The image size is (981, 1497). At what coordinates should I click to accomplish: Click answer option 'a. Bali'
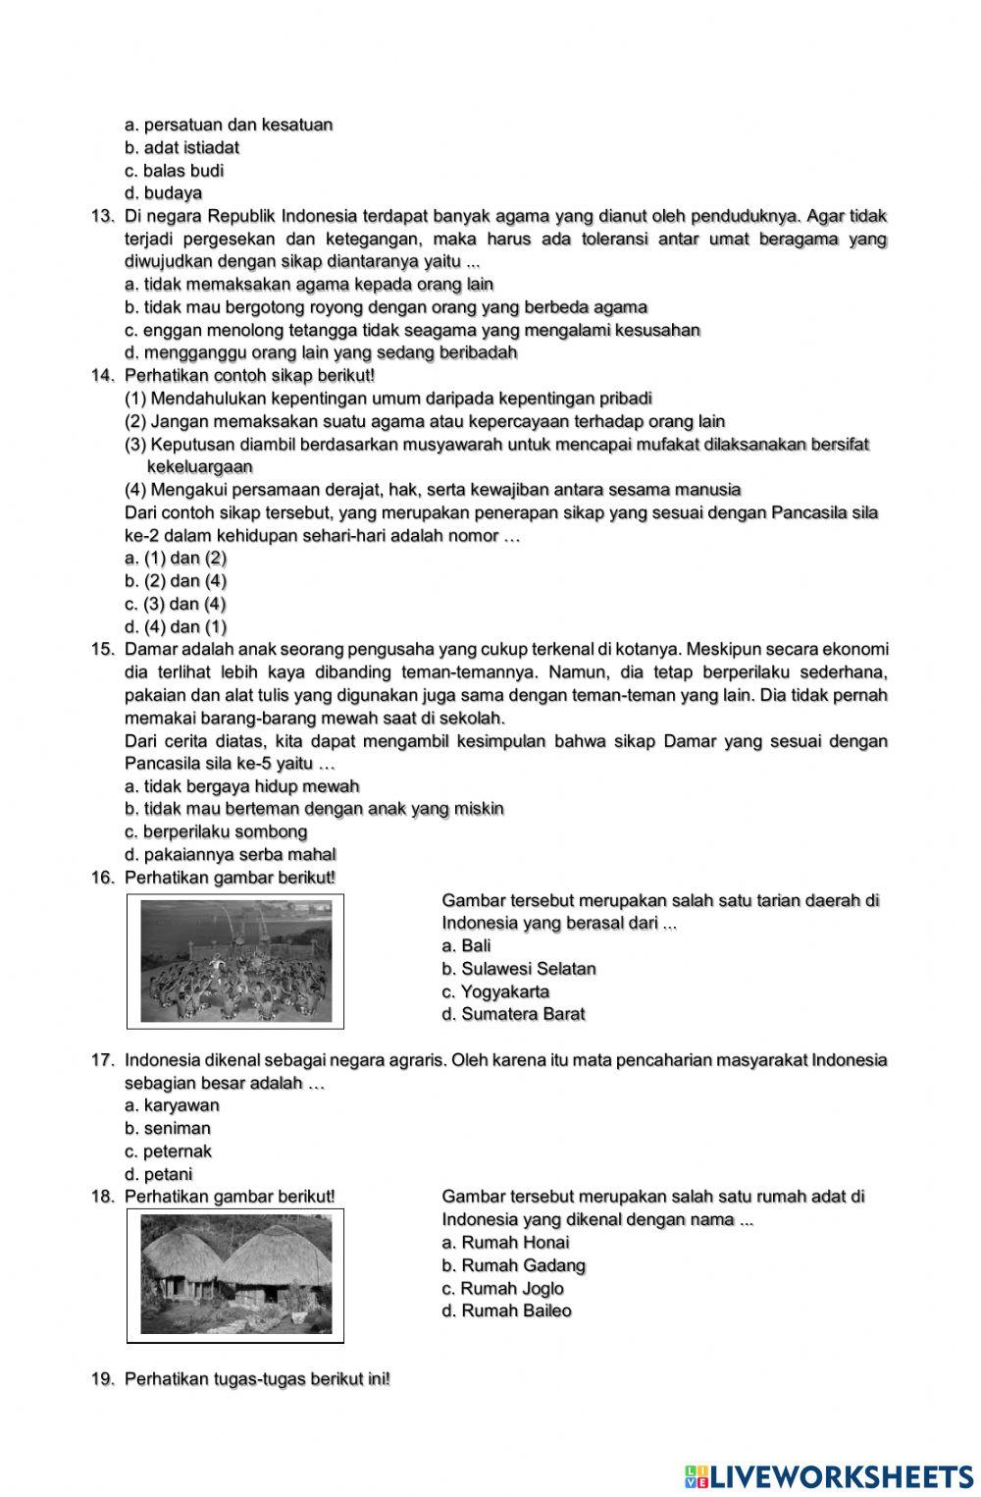coord(466,945)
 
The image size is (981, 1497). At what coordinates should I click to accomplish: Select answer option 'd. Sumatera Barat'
coord(513,1014)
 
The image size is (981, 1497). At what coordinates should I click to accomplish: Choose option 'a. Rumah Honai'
coord(505,1242)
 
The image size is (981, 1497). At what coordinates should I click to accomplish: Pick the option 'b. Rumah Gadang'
coord(513,1265)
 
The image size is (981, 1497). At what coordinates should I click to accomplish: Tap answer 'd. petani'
coord(159,1174)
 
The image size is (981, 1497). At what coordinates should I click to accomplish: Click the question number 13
coord(103,216)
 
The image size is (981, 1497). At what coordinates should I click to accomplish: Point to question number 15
coord(103,649)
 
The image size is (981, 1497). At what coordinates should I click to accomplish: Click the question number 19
coord(103,1379)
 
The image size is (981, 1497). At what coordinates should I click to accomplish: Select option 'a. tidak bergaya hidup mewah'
coord(242,786)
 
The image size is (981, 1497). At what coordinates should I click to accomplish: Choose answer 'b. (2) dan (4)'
coord(176,581)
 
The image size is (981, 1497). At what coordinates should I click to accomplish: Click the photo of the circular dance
coord(235,961)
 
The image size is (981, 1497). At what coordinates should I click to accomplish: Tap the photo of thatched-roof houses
coord(235,1275)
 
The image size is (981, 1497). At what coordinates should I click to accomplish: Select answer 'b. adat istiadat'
coord(182,147)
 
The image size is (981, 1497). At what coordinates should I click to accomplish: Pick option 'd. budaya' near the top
coord(164,193)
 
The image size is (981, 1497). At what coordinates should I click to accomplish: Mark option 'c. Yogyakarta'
coord(495,991)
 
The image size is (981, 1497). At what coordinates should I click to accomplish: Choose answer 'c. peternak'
coord(168,1151)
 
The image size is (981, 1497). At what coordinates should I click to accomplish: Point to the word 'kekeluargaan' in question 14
coord(199,466)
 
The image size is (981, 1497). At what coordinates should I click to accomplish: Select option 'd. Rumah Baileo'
coord(506,1310)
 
